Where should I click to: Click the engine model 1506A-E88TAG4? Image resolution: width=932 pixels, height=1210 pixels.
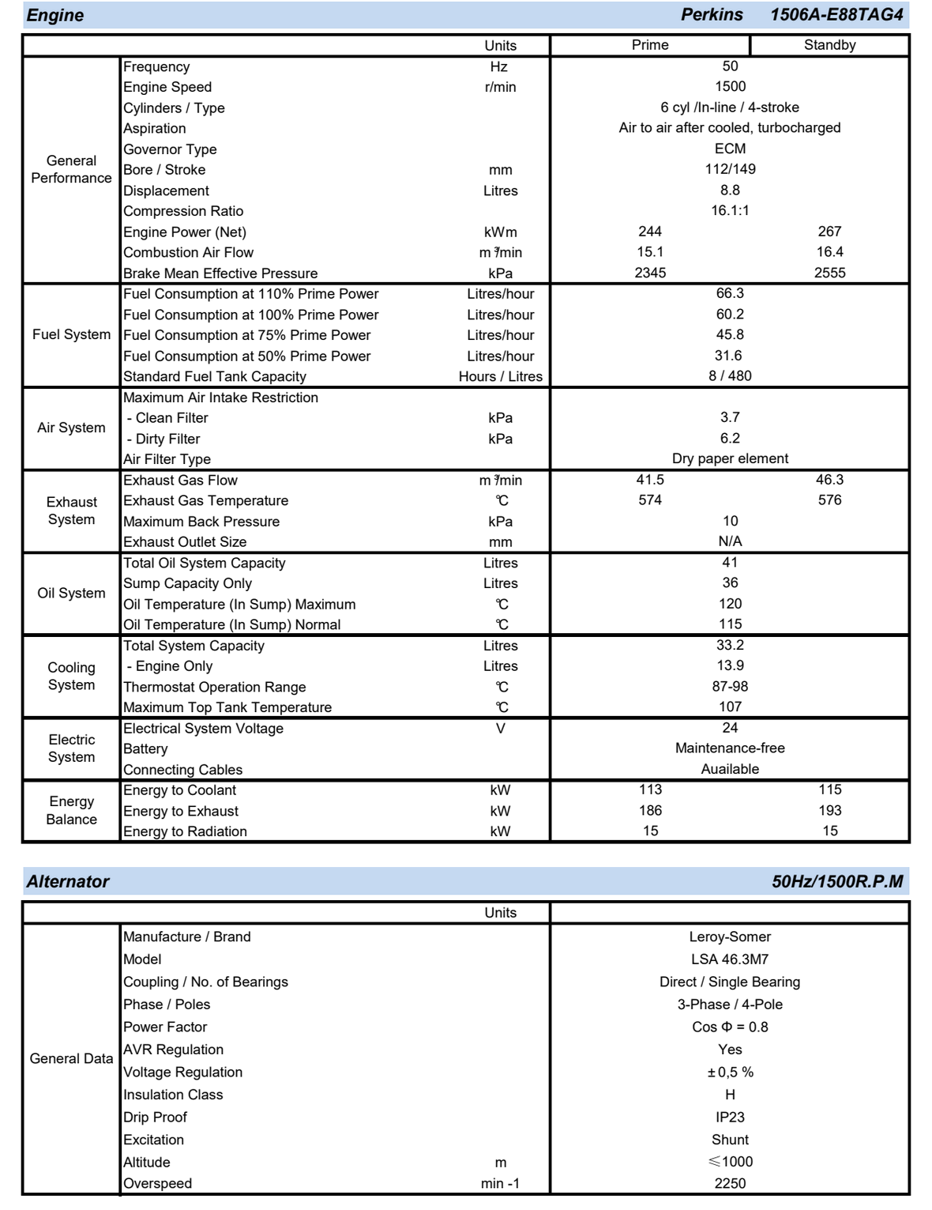click(836, 15)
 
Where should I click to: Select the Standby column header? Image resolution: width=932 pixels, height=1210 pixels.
click(829, 45)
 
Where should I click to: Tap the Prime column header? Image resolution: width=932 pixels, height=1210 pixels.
click(649, 45)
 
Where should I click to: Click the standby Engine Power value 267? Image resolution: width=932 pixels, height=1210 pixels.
click(829, 232)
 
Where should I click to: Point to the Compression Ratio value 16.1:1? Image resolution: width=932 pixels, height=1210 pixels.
click(730, 210)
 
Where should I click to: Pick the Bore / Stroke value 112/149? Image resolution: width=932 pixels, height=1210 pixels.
click(730, 169)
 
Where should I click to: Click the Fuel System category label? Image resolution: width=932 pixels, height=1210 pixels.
click(71, 334)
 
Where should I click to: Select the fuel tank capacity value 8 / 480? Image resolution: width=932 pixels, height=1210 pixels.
click(730, 376)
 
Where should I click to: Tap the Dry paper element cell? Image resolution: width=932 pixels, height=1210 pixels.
click(730, 458)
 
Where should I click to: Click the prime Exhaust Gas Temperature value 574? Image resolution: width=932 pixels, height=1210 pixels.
click(649, 500)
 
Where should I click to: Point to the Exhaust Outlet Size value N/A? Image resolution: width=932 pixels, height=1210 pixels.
click(730, 541)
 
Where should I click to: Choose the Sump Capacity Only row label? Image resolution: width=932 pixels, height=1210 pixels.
click(187, 583)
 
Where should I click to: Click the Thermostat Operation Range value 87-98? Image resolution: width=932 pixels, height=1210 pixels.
click(730, 687)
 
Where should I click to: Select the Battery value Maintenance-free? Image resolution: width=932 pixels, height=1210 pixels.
click(730, 748)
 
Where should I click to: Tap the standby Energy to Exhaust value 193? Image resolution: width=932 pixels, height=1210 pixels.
click(829, 811)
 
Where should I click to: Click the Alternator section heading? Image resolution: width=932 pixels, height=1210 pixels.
click(68, 881)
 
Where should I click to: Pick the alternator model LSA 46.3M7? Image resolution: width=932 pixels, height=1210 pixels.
click(730, 959)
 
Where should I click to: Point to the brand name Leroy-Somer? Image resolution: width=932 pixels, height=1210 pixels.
click(730, 937)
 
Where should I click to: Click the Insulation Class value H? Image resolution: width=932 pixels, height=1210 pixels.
click(730, 1095)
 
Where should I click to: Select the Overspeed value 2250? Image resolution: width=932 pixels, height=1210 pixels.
click(730, 1183)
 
